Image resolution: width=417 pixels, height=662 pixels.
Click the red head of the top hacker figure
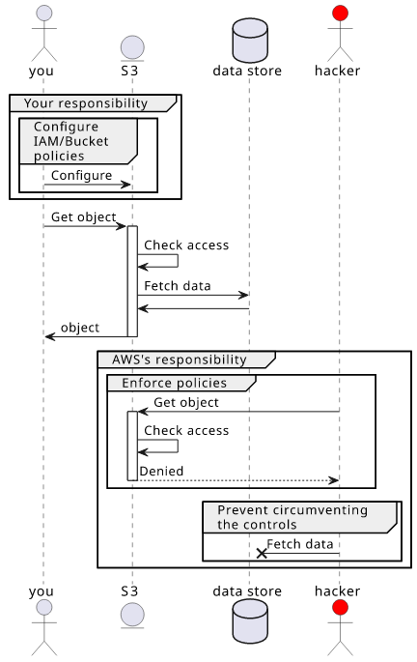click(x=340, y=14)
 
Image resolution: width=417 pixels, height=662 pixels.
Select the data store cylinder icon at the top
click(x=250, y=41)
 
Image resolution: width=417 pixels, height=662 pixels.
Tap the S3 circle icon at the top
click(x=132, y=47)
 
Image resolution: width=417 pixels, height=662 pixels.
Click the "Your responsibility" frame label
click(x=86, y=103)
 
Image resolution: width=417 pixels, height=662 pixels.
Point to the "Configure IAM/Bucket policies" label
click(x=70, y=141)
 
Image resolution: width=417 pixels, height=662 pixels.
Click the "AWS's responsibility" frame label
click(x=180, y=360)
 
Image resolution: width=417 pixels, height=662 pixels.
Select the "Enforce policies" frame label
click(x=174, y=383)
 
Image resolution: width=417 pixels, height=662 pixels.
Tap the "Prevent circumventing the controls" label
click(x=292, y=517)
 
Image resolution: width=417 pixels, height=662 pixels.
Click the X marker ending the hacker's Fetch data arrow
click(x=262, y=553)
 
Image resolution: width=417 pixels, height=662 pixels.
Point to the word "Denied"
click(x=161, y=472)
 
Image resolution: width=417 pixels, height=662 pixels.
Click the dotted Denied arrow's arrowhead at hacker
click(x=334, y=480)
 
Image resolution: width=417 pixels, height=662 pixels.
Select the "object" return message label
click(x=80, y=328)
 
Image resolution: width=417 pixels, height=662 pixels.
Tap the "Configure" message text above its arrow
click(x=81, y=175)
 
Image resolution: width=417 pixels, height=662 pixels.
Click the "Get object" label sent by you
click(x=83, y=217)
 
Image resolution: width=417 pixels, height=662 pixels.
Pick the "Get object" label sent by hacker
click(x=186, y=402)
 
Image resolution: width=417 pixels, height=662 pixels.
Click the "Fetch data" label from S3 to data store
click(x=177, y=286)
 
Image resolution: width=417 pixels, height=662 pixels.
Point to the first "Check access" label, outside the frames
click(x=186, y=245)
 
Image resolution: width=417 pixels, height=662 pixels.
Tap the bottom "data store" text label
click(x=247, y=591)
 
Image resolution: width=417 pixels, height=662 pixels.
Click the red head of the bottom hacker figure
click(x=340, y=608)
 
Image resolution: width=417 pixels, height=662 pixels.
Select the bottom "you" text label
click(x=42, y=591)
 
